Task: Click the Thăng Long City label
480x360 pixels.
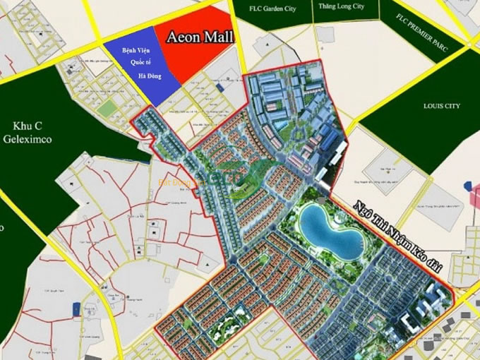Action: (341, 6)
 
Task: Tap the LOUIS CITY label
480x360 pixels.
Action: (441, 106)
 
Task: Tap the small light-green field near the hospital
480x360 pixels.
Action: (107, 111)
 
